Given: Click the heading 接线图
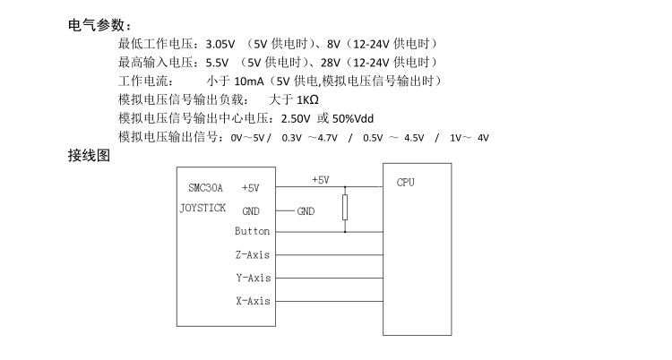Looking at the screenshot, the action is pyautogui.click(x=89, y=155).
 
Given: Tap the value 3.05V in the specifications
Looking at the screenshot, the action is pyautogui.click(x=220, y=43).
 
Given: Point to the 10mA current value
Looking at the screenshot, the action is pyautogui.click(x=253, y=81).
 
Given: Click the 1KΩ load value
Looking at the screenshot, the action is pyautogui.click(x=309, y=99).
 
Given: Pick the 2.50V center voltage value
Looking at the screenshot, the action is pyautogui.click(x=295, y=118).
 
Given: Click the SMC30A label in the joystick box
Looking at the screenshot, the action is pyautogui.click(x=205, y=188).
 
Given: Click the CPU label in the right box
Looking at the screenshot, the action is pyautogui.click(x=406, y=182).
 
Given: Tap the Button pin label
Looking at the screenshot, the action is pyautogui.click(x=252, y=232).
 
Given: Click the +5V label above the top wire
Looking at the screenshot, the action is pyautogui.click(x=321, y=179).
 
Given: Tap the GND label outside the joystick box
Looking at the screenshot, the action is pyautogui.click(x=306, y=211).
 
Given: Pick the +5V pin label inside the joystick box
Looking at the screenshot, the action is pyautogui.click(x=251, y=188).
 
